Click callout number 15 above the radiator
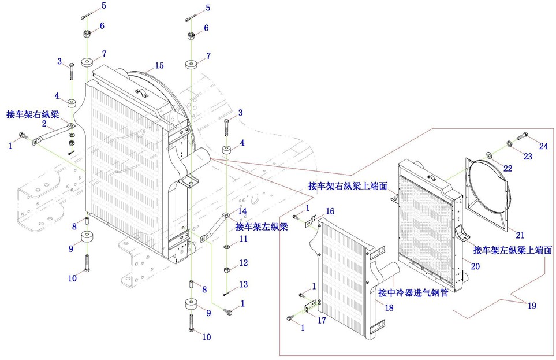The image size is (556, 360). pyautogui.click(x=159, y=65)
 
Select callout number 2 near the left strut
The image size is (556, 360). pyautogui.click(x=44, y=123)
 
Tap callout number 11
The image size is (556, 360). pyautogui.click(x=243, y=239)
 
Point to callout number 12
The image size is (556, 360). pyautogui.click(x=243, y=263)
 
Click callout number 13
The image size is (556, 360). pyautogui.click(x=243, y=284)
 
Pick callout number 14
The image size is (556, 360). pyautogui.click(x=242, y=211)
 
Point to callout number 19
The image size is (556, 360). pyautogui.click(x=531, y=306)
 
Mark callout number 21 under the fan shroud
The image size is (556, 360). pyautogui.click(x=520, y=235)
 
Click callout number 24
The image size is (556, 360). pyautogui.click(x=543, y=146)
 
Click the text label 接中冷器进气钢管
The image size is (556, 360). pyautogui.click(x=413, y=294)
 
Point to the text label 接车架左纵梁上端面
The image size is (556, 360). pyautogui.click(x=512, y=250)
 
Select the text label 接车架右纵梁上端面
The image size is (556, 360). pyautogui.click(x=346, y=186)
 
